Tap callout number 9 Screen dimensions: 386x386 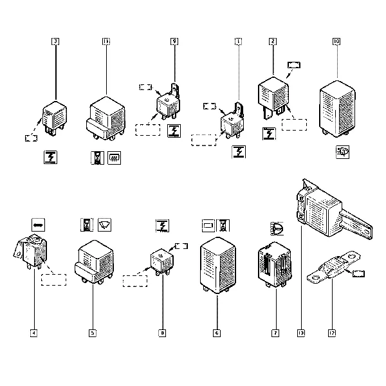click(x=174, y=41)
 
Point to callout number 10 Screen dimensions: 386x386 click(x=336, y=41)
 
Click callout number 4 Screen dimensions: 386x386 click(x=34, y=333)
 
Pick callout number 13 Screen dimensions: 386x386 click(x=300, y=333)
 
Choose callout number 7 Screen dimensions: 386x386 click(x=275, y=333)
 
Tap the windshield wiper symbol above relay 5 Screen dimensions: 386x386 click(x=104, y=225)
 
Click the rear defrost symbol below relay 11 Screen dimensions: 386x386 click(x=116, y=157)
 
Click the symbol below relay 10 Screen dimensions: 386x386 click(x=343, y=152)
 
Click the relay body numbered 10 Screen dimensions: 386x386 click(x=337, y=106)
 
